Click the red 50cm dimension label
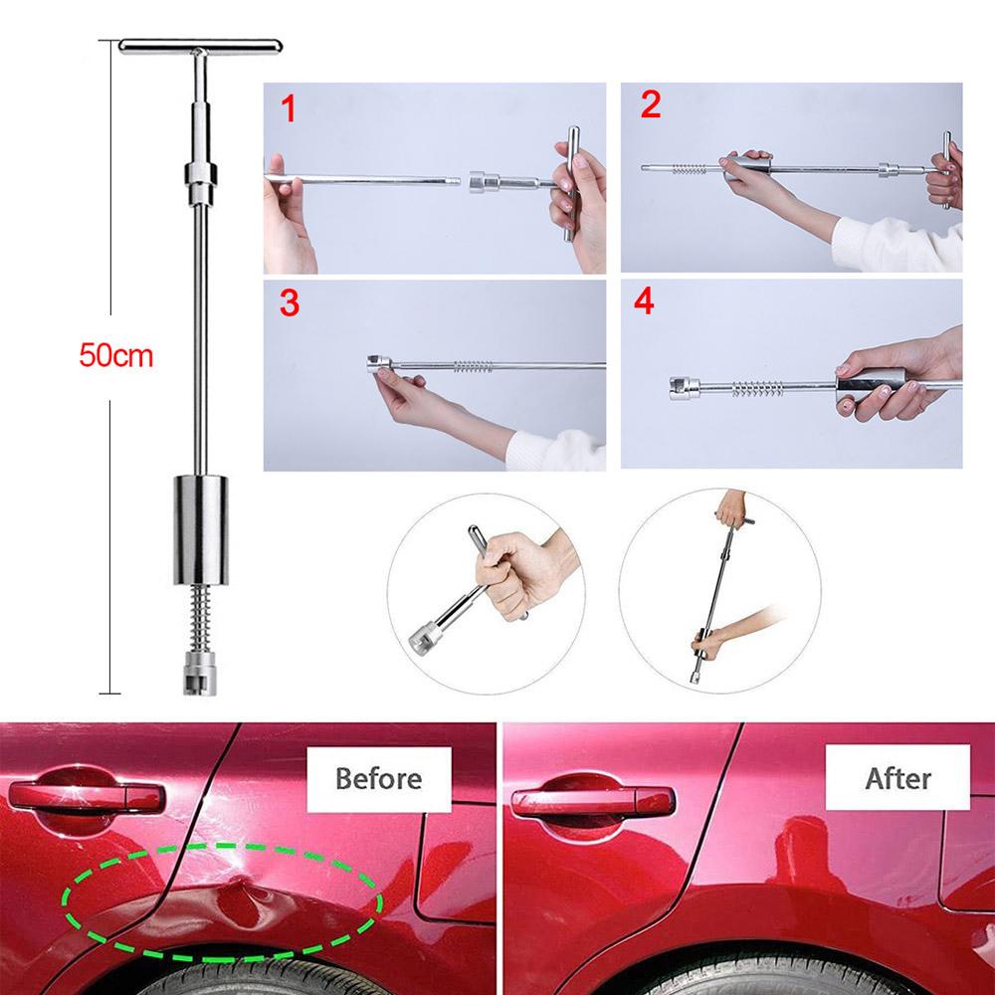coord(118,355)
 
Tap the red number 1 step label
coord(289,108)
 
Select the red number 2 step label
coord(650,104)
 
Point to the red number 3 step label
coord(289,303)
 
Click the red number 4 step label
coord(644,301)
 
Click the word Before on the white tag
coord(378,777)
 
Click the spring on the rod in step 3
coord(474,366)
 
